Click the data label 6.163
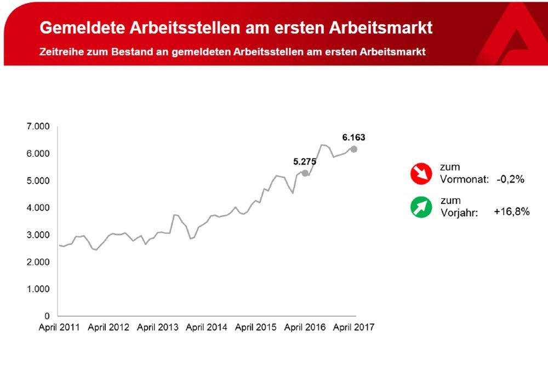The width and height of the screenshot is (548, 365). click(x=353, y=138)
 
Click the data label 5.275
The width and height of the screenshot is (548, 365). click(x=305, y=162)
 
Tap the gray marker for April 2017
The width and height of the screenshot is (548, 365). click(x=354, y=149)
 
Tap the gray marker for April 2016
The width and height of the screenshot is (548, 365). click(x=305, y=173)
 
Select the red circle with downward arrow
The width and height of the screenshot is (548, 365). click(x=421, y=174)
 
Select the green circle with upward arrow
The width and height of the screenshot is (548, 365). click(x=421, y=208)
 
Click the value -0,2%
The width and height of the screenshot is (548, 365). click(x=510, y=179)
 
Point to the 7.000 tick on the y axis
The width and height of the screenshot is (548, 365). click(x=38, y=127)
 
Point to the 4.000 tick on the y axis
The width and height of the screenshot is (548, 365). click(x=38, y=208)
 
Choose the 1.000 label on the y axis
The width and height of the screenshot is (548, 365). click(x=38, y=289)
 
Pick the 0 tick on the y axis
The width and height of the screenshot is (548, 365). click(x=47, y=316)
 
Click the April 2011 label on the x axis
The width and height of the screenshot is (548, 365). click(x=59, y=328)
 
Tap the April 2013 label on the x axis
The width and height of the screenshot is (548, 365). click(x=157, y=328)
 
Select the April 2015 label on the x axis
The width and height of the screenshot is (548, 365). click(x=255, y=328)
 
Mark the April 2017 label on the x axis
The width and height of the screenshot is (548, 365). click(x=353, y=328)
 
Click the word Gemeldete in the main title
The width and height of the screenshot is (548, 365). click(x=81, y=28)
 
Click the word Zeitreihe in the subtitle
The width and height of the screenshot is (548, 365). click(x=61, y=53)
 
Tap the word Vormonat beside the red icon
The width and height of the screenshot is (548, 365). click(x=464, y=179)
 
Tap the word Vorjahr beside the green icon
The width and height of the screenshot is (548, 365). click(x=459, y=213)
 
